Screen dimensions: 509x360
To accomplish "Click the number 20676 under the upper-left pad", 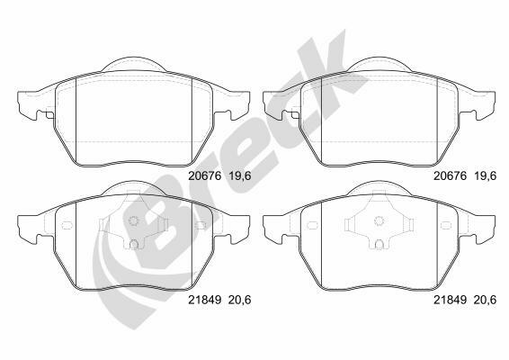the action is pos(205,176).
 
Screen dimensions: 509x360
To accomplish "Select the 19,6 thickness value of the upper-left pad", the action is pos(240,176).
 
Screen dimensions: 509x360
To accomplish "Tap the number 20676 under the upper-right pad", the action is pos(451,176).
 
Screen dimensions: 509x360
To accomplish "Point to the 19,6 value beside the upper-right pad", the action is pos(486,176).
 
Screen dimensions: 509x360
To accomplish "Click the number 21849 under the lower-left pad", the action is pos(205,300).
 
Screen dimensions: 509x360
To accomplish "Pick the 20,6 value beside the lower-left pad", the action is pos(240,300).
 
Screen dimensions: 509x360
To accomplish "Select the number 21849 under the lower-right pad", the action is pos(451,300).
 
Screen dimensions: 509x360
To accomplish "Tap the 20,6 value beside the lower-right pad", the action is pos(486,300).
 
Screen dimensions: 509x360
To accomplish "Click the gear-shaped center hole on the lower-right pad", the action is pos(379,220).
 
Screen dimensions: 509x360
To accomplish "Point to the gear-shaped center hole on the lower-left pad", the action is pos(133,220).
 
